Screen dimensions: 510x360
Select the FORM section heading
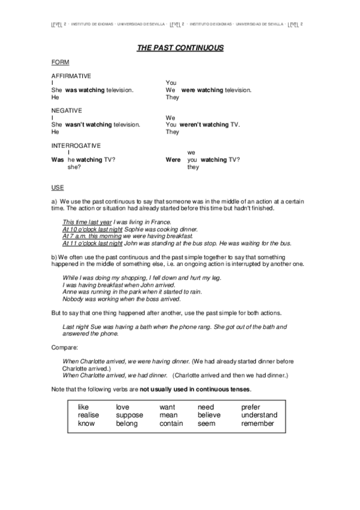pos(60,62)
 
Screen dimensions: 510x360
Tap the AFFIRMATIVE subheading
pos(72,76)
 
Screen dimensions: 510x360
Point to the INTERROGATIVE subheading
pos(76,146)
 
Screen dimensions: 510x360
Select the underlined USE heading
pos(58,188)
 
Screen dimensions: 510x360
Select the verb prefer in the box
pos(251,407)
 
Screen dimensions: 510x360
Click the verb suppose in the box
pos(130,415)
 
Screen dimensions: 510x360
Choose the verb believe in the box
pos(209,415)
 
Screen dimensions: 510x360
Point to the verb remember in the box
pos(257,423)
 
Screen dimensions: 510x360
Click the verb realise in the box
pos(88,415)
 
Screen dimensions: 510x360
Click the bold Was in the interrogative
pos(58,160)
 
